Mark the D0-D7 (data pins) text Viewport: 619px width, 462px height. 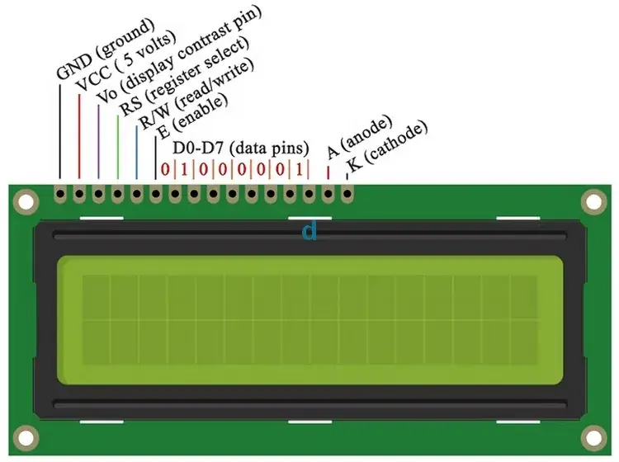(240, 148)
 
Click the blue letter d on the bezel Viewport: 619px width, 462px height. (309, 232)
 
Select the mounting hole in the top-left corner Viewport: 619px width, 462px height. (26, 200)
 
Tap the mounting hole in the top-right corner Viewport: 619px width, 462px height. (592, 200)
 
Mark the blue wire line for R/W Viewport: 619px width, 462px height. (136, 153)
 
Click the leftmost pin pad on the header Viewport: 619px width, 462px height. (59, 195)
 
